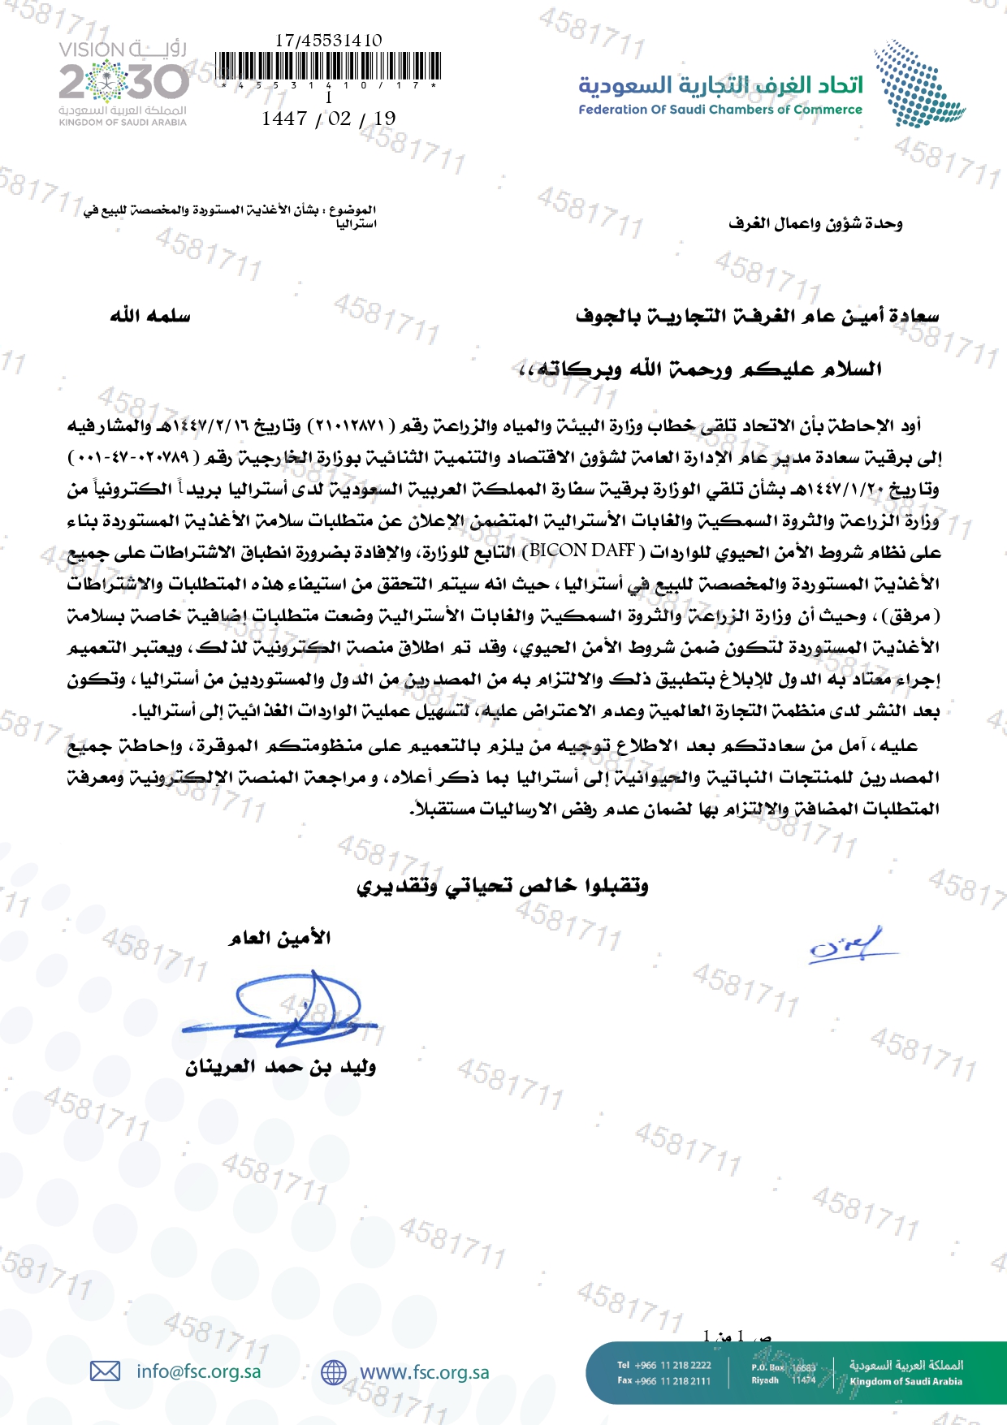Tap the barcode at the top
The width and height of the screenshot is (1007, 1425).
click(329, 67)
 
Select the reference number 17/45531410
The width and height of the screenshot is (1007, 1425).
click(328, 40)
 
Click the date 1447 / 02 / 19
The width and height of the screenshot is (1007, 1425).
click(328, 119)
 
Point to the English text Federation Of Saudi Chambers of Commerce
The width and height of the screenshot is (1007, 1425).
click(720, 110)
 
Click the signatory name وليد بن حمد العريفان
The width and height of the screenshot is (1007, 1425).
click(280, 1067)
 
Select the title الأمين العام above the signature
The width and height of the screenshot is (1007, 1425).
click(279, 939)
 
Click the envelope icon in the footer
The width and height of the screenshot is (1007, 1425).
click(105, 1371)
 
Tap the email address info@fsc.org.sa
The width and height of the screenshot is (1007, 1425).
click(199, 1371)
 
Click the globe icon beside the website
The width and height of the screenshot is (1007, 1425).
click(333, 1372)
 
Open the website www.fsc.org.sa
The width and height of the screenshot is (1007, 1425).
click(424, 1372)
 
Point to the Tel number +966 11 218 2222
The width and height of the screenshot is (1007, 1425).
click(664, 1365)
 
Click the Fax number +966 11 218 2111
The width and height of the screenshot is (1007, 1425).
click(664, 1380)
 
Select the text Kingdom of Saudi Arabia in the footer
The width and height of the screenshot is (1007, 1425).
click(905, 1381)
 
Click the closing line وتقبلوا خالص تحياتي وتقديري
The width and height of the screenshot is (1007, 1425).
click(503, 886)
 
